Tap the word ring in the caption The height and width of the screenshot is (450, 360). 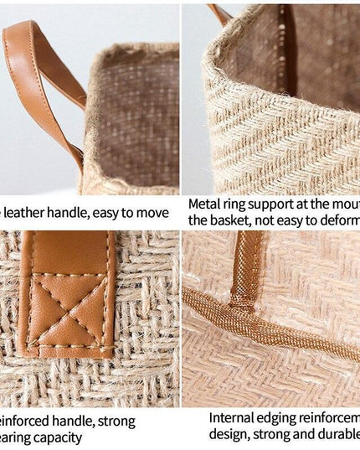pos(239,204)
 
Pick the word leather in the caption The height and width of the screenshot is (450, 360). pos(33,204)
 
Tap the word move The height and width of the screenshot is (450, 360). pos(159,204)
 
